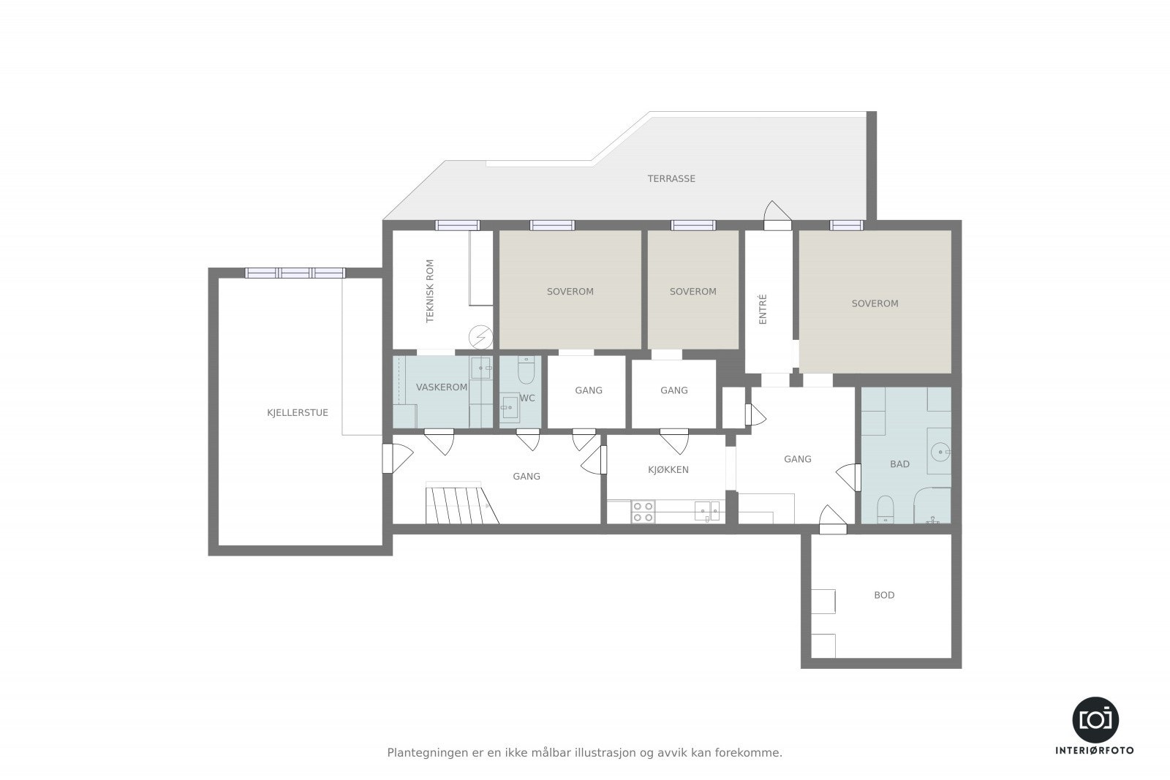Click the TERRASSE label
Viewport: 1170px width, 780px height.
pos(671,178)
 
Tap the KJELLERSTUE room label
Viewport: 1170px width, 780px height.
pos(297,412)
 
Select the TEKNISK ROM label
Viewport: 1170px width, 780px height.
pos(430,291)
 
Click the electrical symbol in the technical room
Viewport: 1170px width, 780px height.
pos(480,337)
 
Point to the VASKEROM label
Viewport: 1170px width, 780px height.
pos(442,387)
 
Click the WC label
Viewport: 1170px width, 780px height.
pos(527,398)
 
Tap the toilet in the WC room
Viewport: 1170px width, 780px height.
pos(526,370)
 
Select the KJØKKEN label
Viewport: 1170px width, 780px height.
pos(668,469)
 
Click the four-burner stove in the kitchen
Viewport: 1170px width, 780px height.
pos(643,512)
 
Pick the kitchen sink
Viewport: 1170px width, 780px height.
pos(706,511)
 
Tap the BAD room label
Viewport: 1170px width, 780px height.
pos(899,463)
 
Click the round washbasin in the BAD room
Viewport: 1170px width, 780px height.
pos(940,451)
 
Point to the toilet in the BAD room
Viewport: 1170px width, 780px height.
pos(885,509)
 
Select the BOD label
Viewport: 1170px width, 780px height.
pos(884,594)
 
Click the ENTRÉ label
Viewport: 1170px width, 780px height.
pos(763,309)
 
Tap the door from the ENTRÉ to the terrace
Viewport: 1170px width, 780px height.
pos(777,216)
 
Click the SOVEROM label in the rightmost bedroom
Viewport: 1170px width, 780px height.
pos(875,303)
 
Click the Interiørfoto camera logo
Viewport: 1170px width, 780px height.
pos(1095,720)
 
